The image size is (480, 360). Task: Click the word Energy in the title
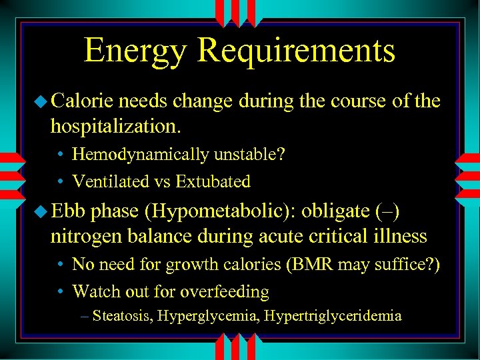(x=135, y=52)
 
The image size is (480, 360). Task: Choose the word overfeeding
(x=225, y=291)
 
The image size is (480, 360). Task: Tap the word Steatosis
(x=123, y=315)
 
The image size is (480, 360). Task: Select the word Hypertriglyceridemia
(x=333, y=315)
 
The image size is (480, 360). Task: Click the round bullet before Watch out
(x=60, y=292)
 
